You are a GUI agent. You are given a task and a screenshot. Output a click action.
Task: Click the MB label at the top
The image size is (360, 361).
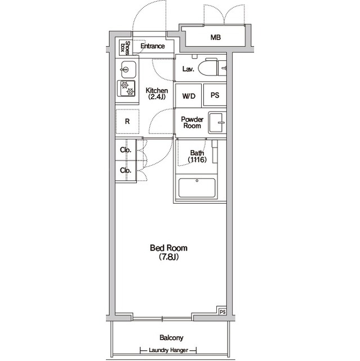pyautogui.click(x=215, y=37)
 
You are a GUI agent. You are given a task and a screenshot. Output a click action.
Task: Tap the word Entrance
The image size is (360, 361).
pyautogui.click(x=153, y=46)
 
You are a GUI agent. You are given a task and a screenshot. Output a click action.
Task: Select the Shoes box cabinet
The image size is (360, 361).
pyautogui.click(x=126, y=47)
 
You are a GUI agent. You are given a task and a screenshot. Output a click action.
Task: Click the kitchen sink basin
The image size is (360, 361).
pyautogui.click(x=128, y=69)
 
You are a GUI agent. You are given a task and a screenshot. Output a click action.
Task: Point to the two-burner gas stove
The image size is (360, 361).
pyautogui.click(x=126, y=89)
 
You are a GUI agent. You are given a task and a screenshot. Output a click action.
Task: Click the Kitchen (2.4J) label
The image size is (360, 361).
pyautogui.click(x=157, y=94)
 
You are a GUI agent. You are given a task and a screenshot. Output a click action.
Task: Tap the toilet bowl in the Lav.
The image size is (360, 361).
pyautogui.click(x=207, y=68)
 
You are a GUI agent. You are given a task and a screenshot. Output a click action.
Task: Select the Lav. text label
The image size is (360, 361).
pyautogui.click(x=188, y=69)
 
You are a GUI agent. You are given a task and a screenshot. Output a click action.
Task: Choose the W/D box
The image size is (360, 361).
pyautogui.click(x=189, y=95)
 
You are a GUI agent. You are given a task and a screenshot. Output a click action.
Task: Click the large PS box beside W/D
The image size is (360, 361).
pyautogui.click(x=215, y=95)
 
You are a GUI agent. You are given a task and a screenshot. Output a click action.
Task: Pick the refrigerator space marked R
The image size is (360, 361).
pyautogui.click(x=127, y=121)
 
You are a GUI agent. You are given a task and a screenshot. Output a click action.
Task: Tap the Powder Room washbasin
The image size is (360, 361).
pyautogui.click(x=217, y=122)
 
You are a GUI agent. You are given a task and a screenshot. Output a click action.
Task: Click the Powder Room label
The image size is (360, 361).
pyautogui.click(x=192, y=122)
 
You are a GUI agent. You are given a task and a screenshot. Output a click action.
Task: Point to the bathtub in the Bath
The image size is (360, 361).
pyautogui.click(x=197, y=188)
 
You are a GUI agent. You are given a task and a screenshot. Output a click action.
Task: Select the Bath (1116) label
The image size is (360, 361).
pyautogui.click(x=197, y=156)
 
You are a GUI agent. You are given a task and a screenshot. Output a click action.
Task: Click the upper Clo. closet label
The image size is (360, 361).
pyautogui.click(x=126, y=150)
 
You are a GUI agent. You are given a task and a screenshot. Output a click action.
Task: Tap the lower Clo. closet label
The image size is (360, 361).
pyautogui.click(x=126, y=170)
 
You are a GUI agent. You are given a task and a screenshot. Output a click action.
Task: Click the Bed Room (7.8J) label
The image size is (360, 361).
pyautogui.click(x=169, y=252)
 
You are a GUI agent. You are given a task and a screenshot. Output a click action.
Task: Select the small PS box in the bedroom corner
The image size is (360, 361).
pyautogui.click(x=223, y=312)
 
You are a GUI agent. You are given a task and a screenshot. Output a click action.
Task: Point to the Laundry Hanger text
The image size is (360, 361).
pyautogui.click(x=168, y=350)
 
